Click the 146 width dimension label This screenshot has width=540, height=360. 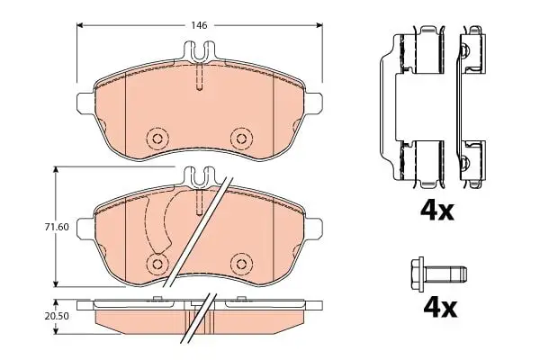coord(200,25)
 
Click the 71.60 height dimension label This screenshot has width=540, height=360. coord(57,227)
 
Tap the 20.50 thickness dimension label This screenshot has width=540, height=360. coord(57,316)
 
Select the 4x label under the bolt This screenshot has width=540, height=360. coord(440,309)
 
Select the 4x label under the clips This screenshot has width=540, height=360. coord(437,211)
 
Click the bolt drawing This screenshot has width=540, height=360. coord(439,274)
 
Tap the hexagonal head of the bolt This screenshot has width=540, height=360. coord(418,274)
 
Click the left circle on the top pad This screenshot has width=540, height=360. coord(157,139)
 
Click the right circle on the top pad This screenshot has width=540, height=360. coord(241,139)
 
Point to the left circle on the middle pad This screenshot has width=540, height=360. coord(157,265)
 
